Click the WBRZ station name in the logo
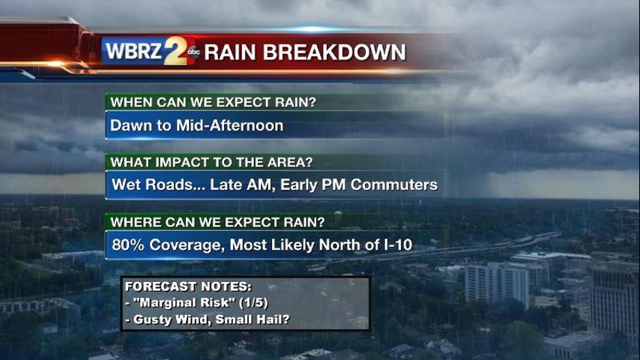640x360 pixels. click(134, 52)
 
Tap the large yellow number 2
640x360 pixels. click(175, 51)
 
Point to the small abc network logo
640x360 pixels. click(193, 52)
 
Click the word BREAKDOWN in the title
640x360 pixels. click(334, 52)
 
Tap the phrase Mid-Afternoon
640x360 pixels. click(229, 125)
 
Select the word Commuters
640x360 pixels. click(394, 184)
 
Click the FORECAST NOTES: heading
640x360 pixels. click(188, 286)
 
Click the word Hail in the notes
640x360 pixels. click(271, 319)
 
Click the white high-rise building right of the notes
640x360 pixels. click(497, 283)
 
